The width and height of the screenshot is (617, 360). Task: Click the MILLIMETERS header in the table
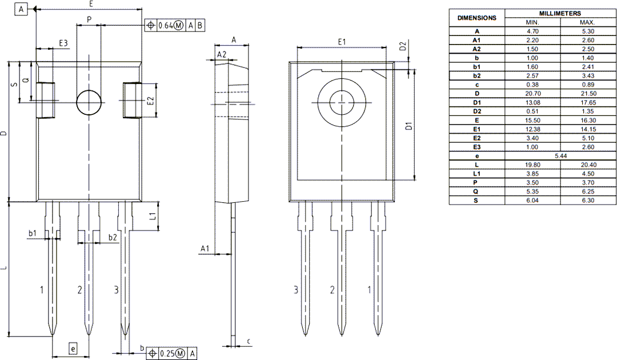coord(560,13)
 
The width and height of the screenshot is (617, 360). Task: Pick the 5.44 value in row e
coord(560,155)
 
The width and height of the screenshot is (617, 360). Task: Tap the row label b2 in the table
coord(476,75)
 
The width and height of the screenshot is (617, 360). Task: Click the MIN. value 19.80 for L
coord(532,165)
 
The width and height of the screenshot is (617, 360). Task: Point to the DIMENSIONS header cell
coord(476,18)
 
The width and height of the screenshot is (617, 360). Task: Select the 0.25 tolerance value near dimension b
coord(167,353)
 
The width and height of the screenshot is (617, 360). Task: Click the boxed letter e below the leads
coord(73,348)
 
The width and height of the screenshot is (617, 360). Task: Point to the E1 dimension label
coord(342,42)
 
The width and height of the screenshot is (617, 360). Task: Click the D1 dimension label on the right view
coord(409,126)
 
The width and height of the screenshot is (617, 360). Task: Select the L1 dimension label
coord(153,216)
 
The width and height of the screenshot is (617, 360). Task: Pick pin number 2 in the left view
coord(80,290)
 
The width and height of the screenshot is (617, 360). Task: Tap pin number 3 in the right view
coord(296,290)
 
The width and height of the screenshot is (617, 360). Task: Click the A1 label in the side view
coord(205,248)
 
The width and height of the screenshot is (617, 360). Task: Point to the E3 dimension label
coord(63,43)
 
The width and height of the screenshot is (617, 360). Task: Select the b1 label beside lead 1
coord(33,233)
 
